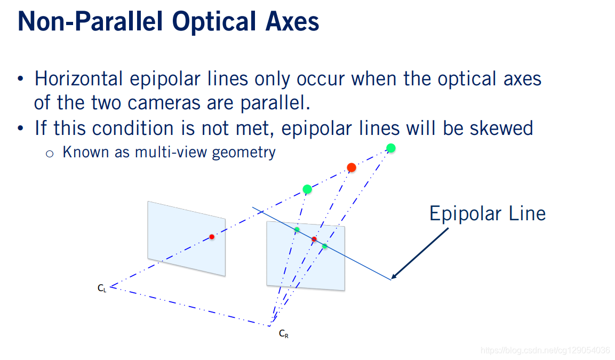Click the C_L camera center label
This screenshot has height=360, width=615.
pyautogui.click(x=102, y=288)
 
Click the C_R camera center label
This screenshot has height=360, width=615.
pyautogui.click(x=284, y=334)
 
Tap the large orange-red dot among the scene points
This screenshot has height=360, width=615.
pyautogui.click(x=352, y=168)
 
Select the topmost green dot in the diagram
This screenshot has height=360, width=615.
pyautogui.click(x=390, y=148)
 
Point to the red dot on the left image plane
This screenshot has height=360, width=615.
pyautogui.click(x=212, y=237)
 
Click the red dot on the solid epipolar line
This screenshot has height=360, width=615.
pyautogui.click(x=314, y=239)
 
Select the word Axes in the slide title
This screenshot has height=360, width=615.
pyautogui.click(x=292, y=21)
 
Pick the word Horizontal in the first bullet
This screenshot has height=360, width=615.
pyautogui.click(x=78, y=79)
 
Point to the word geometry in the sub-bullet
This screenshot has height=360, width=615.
pyautogui.click(x=244, y=153)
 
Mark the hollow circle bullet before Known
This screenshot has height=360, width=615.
pyautogui.click(x=50, y=154)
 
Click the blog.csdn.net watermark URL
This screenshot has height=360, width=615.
pyautogui.click(x=545, y=350)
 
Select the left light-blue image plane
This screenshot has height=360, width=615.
pyautogui.click(x=186, y=238)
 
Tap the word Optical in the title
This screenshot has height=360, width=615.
pyautogui.click(x=214, y=22)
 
